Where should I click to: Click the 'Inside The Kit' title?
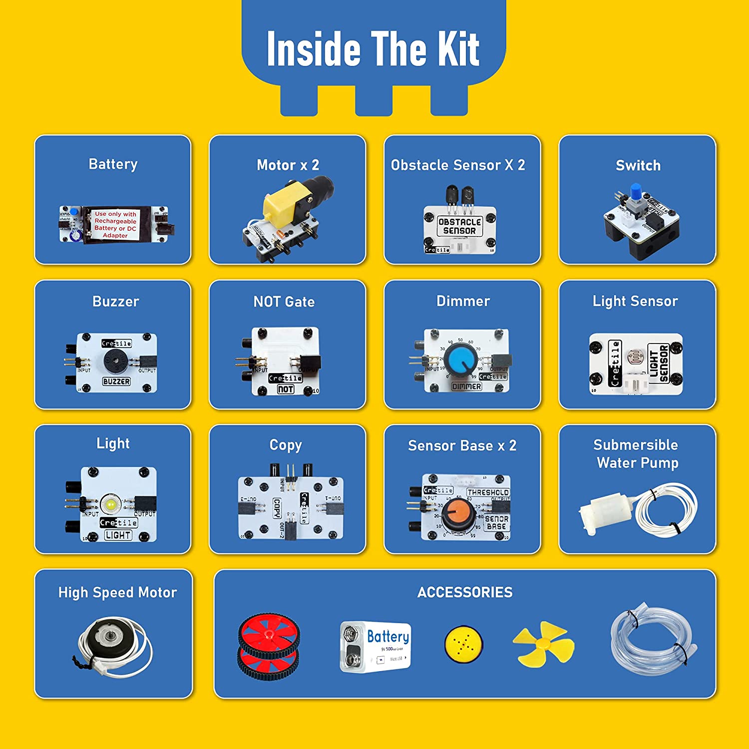(373, 48)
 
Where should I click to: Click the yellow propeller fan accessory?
(543, 644)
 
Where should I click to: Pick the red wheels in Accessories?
(269, 647)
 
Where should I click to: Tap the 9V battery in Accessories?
(375, 646)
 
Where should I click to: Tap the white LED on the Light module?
(111, 504)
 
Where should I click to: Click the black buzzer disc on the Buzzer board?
(116, 361)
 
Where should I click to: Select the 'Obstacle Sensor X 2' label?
(458, 165)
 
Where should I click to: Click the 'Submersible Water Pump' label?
(637, 454)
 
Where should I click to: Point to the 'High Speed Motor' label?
(117, 593)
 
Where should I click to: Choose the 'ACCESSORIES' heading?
(465, 592)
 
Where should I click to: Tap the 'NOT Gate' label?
(284, 302)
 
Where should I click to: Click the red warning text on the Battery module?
(115, 224)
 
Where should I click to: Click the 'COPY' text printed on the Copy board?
(277, 508)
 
